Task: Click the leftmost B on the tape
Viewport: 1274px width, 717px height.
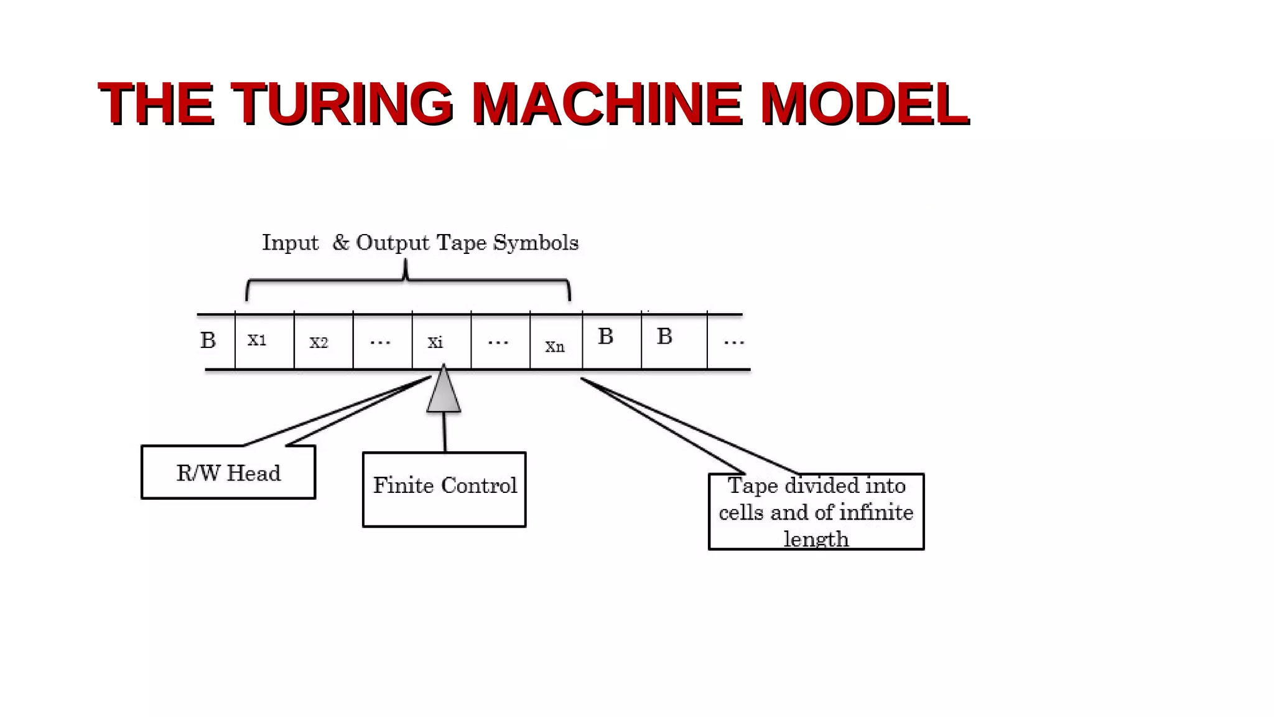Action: coord(208,340)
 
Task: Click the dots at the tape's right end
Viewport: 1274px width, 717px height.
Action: coord(733,342)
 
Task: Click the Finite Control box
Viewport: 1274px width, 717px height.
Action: coord(444,489)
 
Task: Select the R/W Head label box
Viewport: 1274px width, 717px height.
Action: coord(228,472)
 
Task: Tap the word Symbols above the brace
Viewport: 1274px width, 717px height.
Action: coord(536,242)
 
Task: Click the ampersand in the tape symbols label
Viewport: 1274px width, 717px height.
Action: coord(340,242)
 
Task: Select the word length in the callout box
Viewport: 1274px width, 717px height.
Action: coord(816,539)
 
